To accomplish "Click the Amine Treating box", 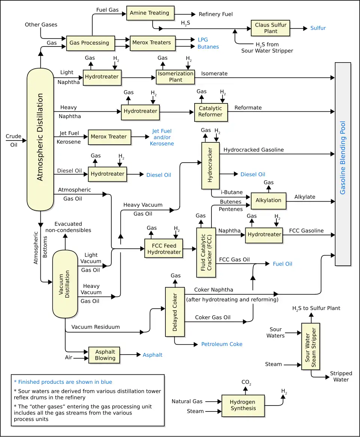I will click(x=150, y=13).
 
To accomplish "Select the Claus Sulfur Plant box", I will click(x=270, y=28).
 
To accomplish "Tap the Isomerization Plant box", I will click(x=175, y=76).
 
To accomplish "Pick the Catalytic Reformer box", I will click(x=211, y=112).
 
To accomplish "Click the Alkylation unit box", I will click(x=268, y=201).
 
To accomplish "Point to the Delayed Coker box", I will click(x=175, y=312).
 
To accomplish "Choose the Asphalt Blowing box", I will click(x=104, y=355).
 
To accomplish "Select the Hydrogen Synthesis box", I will click(x=243, y=405).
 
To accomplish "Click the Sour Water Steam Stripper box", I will click(x=310, y=346).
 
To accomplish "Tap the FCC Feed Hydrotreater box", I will click(x=164, y=249).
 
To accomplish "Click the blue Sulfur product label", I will click(x=318, y=28).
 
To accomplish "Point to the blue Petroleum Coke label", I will click(x=222, y=344).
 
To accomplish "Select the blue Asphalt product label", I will click(x=153, y=355).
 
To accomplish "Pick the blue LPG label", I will click(x=203, y=40).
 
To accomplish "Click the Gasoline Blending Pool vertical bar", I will click(x=343, y=164).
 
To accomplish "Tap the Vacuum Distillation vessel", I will click(x=65, y=284).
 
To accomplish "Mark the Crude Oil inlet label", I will click(x=13, y=141).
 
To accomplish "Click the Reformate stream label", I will click(x=248, y=108).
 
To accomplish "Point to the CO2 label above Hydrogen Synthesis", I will click(x=246, y=383).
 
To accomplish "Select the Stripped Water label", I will click(x=341, y=376).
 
